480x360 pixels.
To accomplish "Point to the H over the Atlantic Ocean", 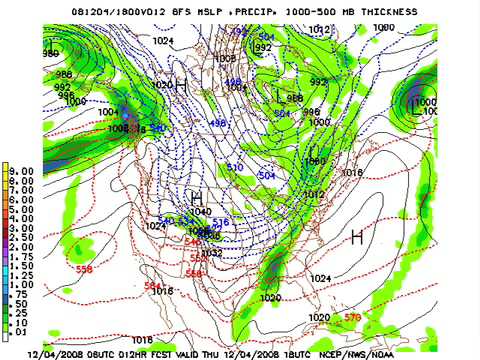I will (357, 236).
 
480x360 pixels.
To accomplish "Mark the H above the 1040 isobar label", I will (197, 198).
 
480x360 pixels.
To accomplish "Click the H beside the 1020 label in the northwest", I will (182, 87).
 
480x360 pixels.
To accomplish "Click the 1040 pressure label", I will (200, 212).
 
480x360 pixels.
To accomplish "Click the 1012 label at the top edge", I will (318, 30).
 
